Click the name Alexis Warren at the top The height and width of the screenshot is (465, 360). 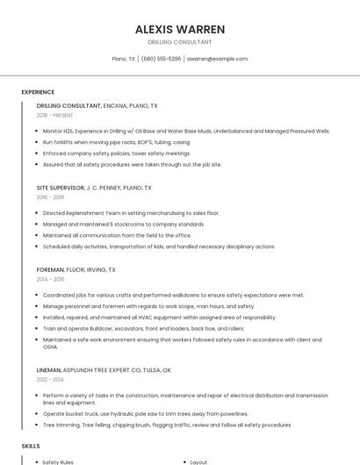[x=180, y=29]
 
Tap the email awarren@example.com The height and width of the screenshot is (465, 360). [x=217, y=59]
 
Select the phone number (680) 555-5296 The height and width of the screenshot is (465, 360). [x=161, y=59]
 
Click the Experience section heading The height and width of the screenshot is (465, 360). [x=38, y=92]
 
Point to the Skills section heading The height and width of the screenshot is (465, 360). [x=31, y=447]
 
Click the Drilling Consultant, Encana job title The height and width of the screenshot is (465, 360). [x=97, y=105]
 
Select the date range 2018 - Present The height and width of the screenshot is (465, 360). [x=55, y=116]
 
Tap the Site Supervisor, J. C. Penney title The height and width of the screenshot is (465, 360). [x=94, y=188]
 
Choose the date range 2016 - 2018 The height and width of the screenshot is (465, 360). [x=50, y=197]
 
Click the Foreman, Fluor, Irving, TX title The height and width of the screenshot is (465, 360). [x=76, y=270]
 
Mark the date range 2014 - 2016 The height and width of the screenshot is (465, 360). [x=50, y=280]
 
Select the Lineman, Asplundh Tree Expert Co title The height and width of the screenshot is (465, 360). [x=104, y=370]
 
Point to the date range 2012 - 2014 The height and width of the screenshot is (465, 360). [x=50, y=380]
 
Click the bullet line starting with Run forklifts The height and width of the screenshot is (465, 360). [x=116, y=141]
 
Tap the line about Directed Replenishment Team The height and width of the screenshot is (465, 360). [x=131, y=212]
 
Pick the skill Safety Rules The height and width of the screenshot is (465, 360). [x=58, y=461]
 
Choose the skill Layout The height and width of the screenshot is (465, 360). [x=198, y=461]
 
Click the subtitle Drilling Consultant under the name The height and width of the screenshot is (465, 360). [x=180, y=42]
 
